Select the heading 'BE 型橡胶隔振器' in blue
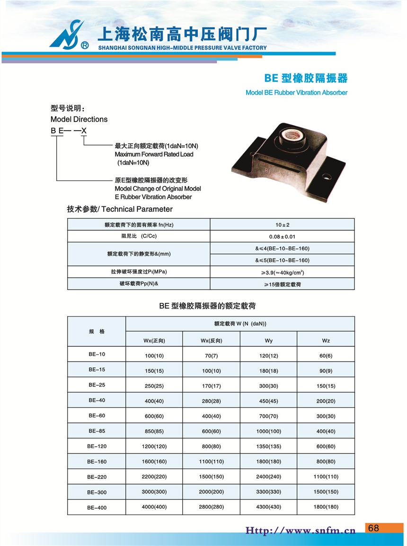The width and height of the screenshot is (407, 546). pyautogui.click(x=305, y=78)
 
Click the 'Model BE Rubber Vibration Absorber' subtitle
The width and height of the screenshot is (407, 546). pyautogui.click(x=296, y=93)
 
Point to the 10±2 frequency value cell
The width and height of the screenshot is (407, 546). pyautogui.click(x=282, y=225)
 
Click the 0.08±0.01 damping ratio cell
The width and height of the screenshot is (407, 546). pyautogui.click(x=282, y=237)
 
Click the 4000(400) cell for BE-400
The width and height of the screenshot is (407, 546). pyautogui.click(x=154, y=507)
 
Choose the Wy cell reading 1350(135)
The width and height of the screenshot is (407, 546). pyautogui.click(x=268, y=446)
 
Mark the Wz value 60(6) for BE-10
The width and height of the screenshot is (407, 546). pyautogui.click(x=326, y=355)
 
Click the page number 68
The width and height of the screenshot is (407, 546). pyautogui.click(x=373, y=528)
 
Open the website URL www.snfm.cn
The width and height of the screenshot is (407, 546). pyautogui.click(x=300, y=530)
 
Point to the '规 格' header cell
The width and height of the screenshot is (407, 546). pyautogui.click(x=97, y=332)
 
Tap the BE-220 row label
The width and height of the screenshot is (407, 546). pyautogui.click(x=97, y=477)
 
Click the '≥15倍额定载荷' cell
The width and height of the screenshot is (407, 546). pyautogui.click(x=282, y=284)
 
